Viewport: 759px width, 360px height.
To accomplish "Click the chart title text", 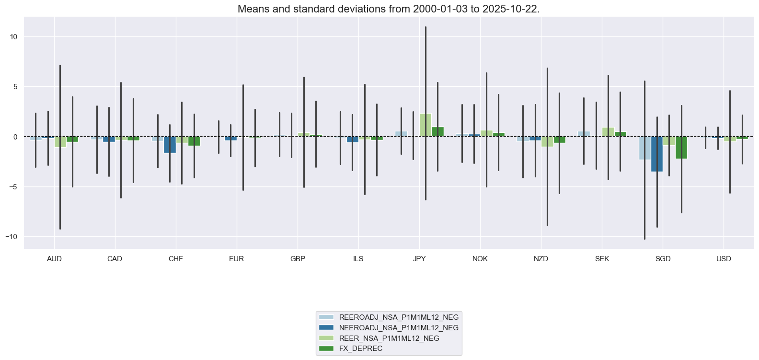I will (389, 9).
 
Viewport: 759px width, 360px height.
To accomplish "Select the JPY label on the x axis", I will (419, 259).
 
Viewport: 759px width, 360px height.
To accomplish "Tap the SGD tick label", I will (663, 259).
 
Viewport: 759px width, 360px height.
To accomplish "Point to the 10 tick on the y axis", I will (13, 37).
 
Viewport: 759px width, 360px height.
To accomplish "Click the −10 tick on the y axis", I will (11, 237).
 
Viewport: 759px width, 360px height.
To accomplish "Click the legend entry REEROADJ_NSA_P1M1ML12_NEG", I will (398, 317).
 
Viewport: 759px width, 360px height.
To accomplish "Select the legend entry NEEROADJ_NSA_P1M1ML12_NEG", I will (398, 328).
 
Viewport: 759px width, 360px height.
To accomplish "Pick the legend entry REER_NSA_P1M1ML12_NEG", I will (389, 338).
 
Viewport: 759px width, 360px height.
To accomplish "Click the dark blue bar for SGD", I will (656, 154).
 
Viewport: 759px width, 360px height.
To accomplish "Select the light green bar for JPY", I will (425, 125).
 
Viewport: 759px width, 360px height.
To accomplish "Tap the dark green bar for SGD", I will (681, 147).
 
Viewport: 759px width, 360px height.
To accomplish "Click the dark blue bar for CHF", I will (170, 144).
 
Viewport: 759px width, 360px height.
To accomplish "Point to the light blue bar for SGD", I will (644, 148).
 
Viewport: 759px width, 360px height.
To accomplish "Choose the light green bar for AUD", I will (60, 141).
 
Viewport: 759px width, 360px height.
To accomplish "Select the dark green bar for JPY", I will (437, 132).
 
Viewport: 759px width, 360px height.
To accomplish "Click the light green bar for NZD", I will (547, 141).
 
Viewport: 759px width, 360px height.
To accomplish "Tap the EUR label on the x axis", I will (236, 259).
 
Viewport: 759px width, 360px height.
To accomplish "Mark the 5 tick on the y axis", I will (15, 87).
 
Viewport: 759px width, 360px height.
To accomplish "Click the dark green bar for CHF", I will (194, 141).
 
